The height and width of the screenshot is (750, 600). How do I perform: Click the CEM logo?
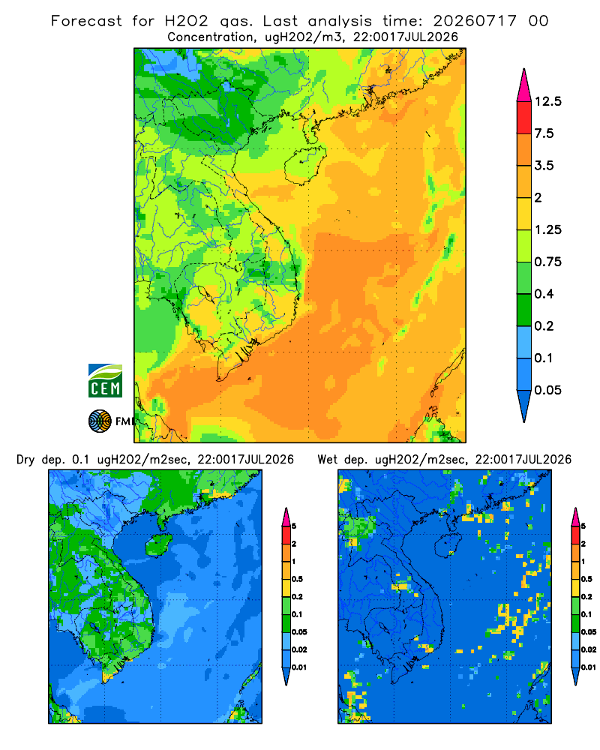pyautogui.click(x=105, y=380)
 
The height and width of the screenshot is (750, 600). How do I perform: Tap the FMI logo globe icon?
pyautogui.click(x=100, y=421)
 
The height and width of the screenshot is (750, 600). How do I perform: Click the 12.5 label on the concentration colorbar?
pyautogui.click(x=547, y=101)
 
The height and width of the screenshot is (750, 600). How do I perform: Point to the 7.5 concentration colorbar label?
pyautogui.click(x=544, y=133)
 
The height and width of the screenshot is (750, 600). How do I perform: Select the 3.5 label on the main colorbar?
pyautogui.click(x=544, y=166)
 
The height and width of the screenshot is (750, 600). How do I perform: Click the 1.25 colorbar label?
pyautogui.click(x=547, y=229)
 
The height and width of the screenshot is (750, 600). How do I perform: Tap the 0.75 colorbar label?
pyautogui.click(x=547, y=262)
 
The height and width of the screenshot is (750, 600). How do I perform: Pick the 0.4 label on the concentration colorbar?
pyautogui.click(x=544, y=294)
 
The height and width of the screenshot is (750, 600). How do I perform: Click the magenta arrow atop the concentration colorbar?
pyautogui.click(x=524, y=85)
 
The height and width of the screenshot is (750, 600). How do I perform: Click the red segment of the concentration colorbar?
pyautogui.click(x=524, y=118)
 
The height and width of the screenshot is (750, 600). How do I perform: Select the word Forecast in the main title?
pyautogui.click(x=86, y=21)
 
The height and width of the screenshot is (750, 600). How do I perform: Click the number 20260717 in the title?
pyautogui.click(x=475, y=21)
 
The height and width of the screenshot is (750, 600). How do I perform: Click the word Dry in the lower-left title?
pyautogui.click(x=25, y=460)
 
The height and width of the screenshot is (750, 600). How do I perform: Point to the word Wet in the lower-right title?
pyautogui.click(x=327, y=460)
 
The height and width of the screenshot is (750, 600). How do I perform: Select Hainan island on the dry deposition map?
pyautogui.click(x=158, y=545)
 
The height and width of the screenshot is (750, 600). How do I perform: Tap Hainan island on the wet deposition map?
pyautogui.click(x=448, y=545)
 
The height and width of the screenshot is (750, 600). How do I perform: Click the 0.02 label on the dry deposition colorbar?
pyautogui.click(x=299, y=649)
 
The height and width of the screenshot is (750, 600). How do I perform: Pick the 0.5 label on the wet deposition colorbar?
pyautogui.click(x=586, y=579)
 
